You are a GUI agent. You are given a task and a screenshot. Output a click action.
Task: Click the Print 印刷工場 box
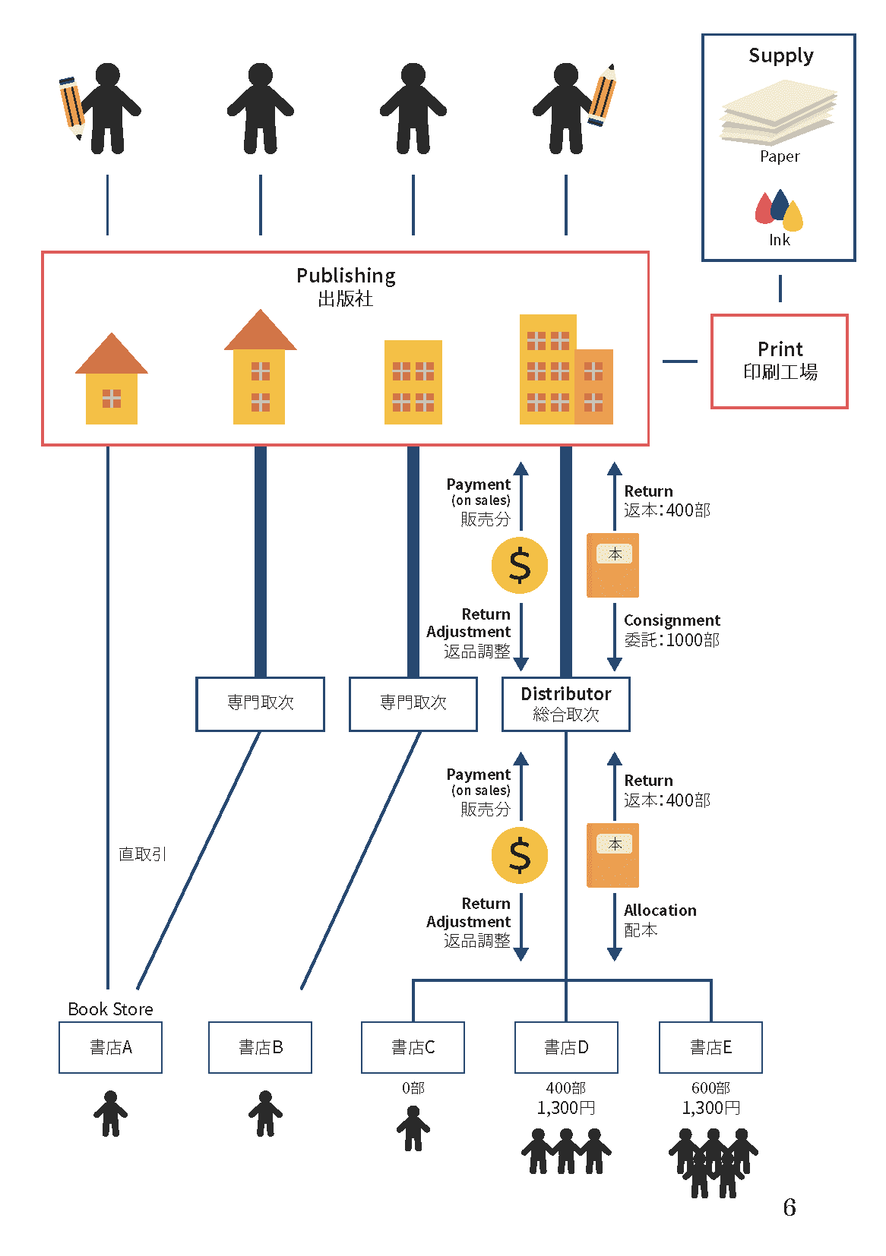coord(779,361)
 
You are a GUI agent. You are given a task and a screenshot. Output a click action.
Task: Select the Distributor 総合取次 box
coord(566,704)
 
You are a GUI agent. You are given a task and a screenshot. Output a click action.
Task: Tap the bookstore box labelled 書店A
coord(111,1047)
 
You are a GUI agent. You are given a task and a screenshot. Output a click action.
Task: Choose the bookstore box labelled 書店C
coord(413,1047)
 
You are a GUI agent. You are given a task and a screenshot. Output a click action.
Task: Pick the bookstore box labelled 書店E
coord(710,1047)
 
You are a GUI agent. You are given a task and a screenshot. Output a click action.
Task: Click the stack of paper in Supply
coord(779,114)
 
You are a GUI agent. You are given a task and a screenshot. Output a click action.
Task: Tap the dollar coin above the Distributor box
coord(520,566)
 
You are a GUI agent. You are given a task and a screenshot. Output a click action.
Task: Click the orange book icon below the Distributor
coord(612,855)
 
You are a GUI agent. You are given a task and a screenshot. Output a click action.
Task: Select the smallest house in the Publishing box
coord(112,380)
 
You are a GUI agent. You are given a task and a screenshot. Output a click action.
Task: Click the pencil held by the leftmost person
coord(71,107)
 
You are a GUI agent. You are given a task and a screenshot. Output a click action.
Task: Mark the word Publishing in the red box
coord(346,275)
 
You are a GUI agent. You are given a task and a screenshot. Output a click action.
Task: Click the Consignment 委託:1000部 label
coord(672,630)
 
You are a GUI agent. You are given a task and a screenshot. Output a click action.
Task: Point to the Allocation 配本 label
coord(660,920)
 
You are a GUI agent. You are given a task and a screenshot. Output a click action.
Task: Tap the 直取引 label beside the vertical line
coord(142,854)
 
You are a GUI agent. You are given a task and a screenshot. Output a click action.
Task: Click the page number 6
coord(789,1207)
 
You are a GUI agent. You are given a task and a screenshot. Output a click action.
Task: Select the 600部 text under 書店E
coord(710,1088)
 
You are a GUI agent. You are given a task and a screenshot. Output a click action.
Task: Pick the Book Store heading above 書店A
coord(111,1009)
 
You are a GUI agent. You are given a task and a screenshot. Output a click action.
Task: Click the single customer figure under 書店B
coord(265,1113)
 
